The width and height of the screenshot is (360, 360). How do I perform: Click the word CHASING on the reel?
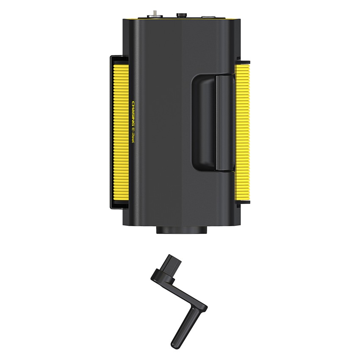point(133,114)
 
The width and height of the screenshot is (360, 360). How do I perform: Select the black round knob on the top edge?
point(181,15)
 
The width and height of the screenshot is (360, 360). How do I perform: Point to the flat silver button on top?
point(208,17)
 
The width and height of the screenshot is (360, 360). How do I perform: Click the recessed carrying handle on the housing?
point(213,122)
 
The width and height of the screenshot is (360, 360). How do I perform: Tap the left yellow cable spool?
point(121,132)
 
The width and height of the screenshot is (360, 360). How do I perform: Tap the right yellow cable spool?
point(242,132)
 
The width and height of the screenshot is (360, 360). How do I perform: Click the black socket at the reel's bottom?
point(182,230)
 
